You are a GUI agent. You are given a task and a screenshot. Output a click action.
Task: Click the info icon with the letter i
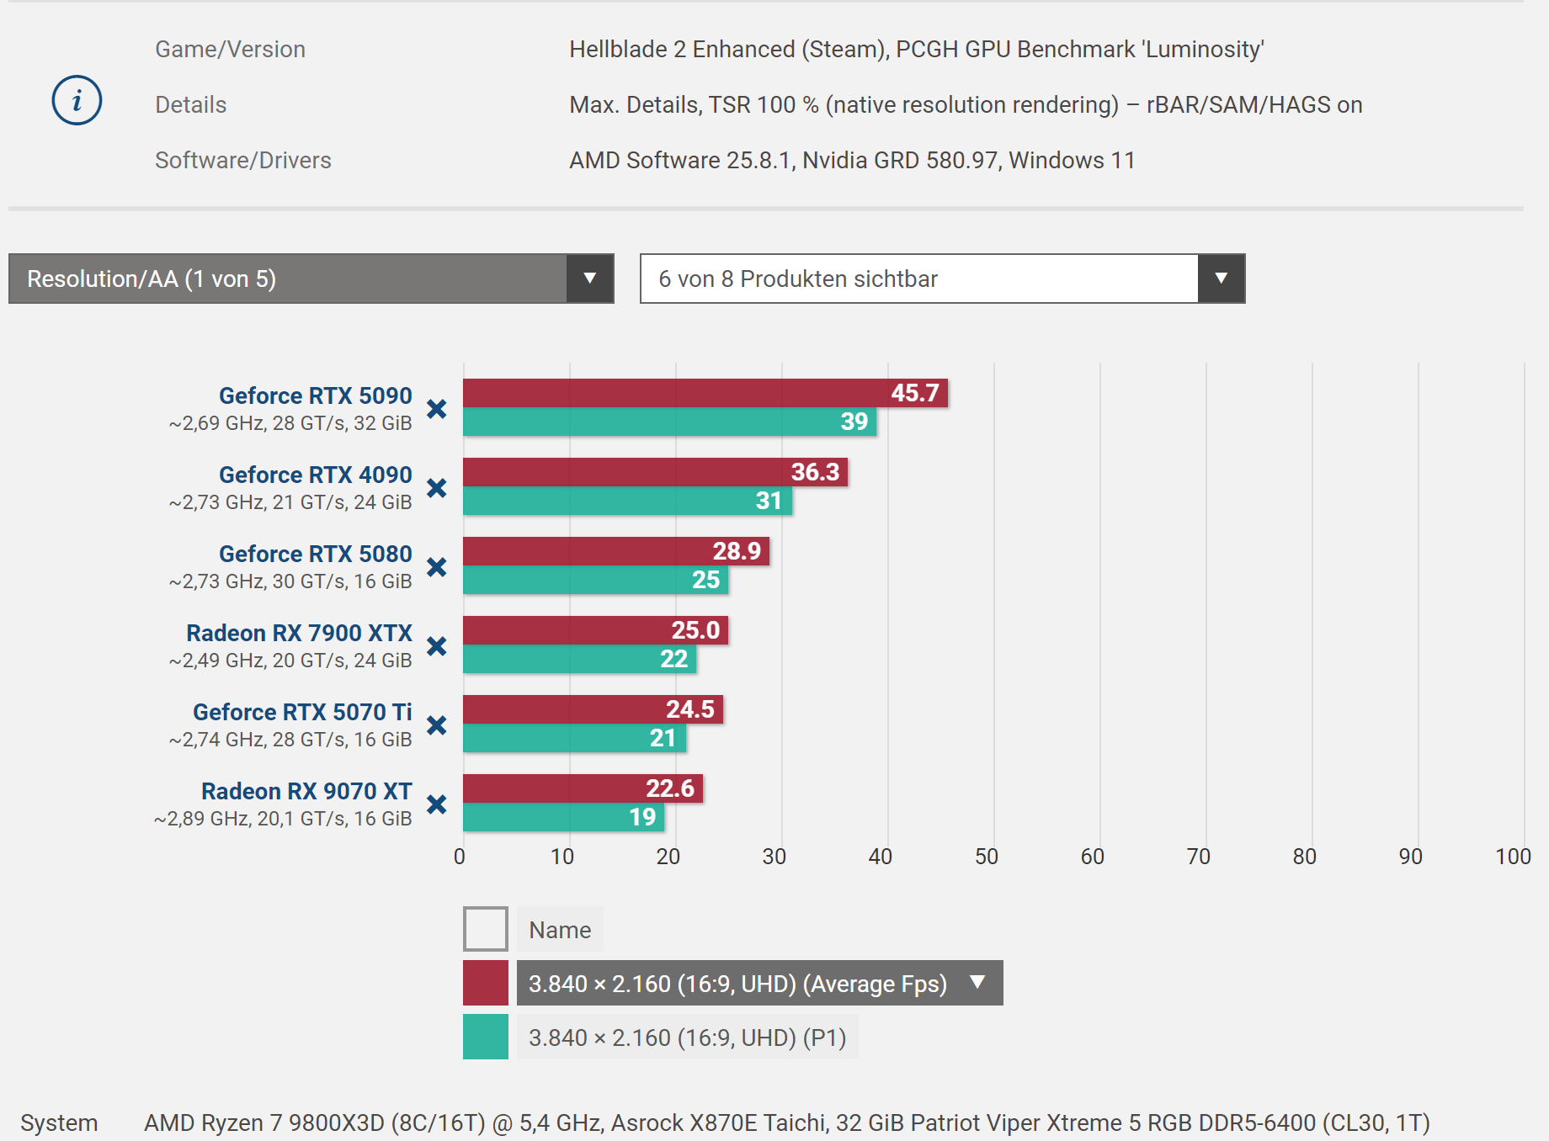77,101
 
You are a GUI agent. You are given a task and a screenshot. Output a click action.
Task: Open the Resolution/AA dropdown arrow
589,279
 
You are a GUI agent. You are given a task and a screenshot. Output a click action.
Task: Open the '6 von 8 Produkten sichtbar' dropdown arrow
1221,279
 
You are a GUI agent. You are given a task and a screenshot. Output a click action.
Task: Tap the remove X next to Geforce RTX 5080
436,567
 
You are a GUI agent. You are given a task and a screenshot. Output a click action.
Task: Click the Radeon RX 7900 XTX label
299,633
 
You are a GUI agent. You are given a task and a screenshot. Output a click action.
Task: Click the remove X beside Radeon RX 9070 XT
436,804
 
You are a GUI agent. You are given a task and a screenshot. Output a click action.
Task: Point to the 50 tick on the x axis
986,857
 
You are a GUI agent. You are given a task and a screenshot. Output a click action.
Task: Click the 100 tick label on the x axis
1512,857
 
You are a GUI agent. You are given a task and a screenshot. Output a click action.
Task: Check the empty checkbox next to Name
486,929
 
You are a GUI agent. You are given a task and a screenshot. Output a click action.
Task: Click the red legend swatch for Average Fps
486,983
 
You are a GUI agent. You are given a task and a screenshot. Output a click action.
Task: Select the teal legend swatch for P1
486,1037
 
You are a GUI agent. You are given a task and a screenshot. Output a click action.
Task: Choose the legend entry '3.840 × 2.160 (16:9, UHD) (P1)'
687,1038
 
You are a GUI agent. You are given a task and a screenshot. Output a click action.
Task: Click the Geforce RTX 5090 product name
315,395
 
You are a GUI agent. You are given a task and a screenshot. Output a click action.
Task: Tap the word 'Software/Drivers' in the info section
243,160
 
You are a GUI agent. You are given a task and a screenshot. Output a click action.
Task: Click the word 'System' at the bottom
59,1122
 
